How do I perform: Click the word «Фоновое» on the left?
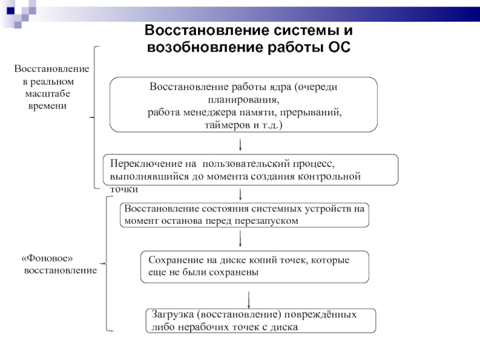(47, 259)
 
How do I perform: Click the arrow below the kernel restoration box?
(241, 144)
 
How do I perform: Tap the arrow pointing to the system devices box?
(241, 195)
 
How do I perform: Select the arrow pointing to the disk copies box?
(241, 239)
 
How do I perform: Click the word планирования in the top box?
(243, 100)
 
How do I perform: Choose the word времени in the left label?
(47, 106)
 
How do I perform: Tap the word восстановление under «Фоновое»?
(61, 271)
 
